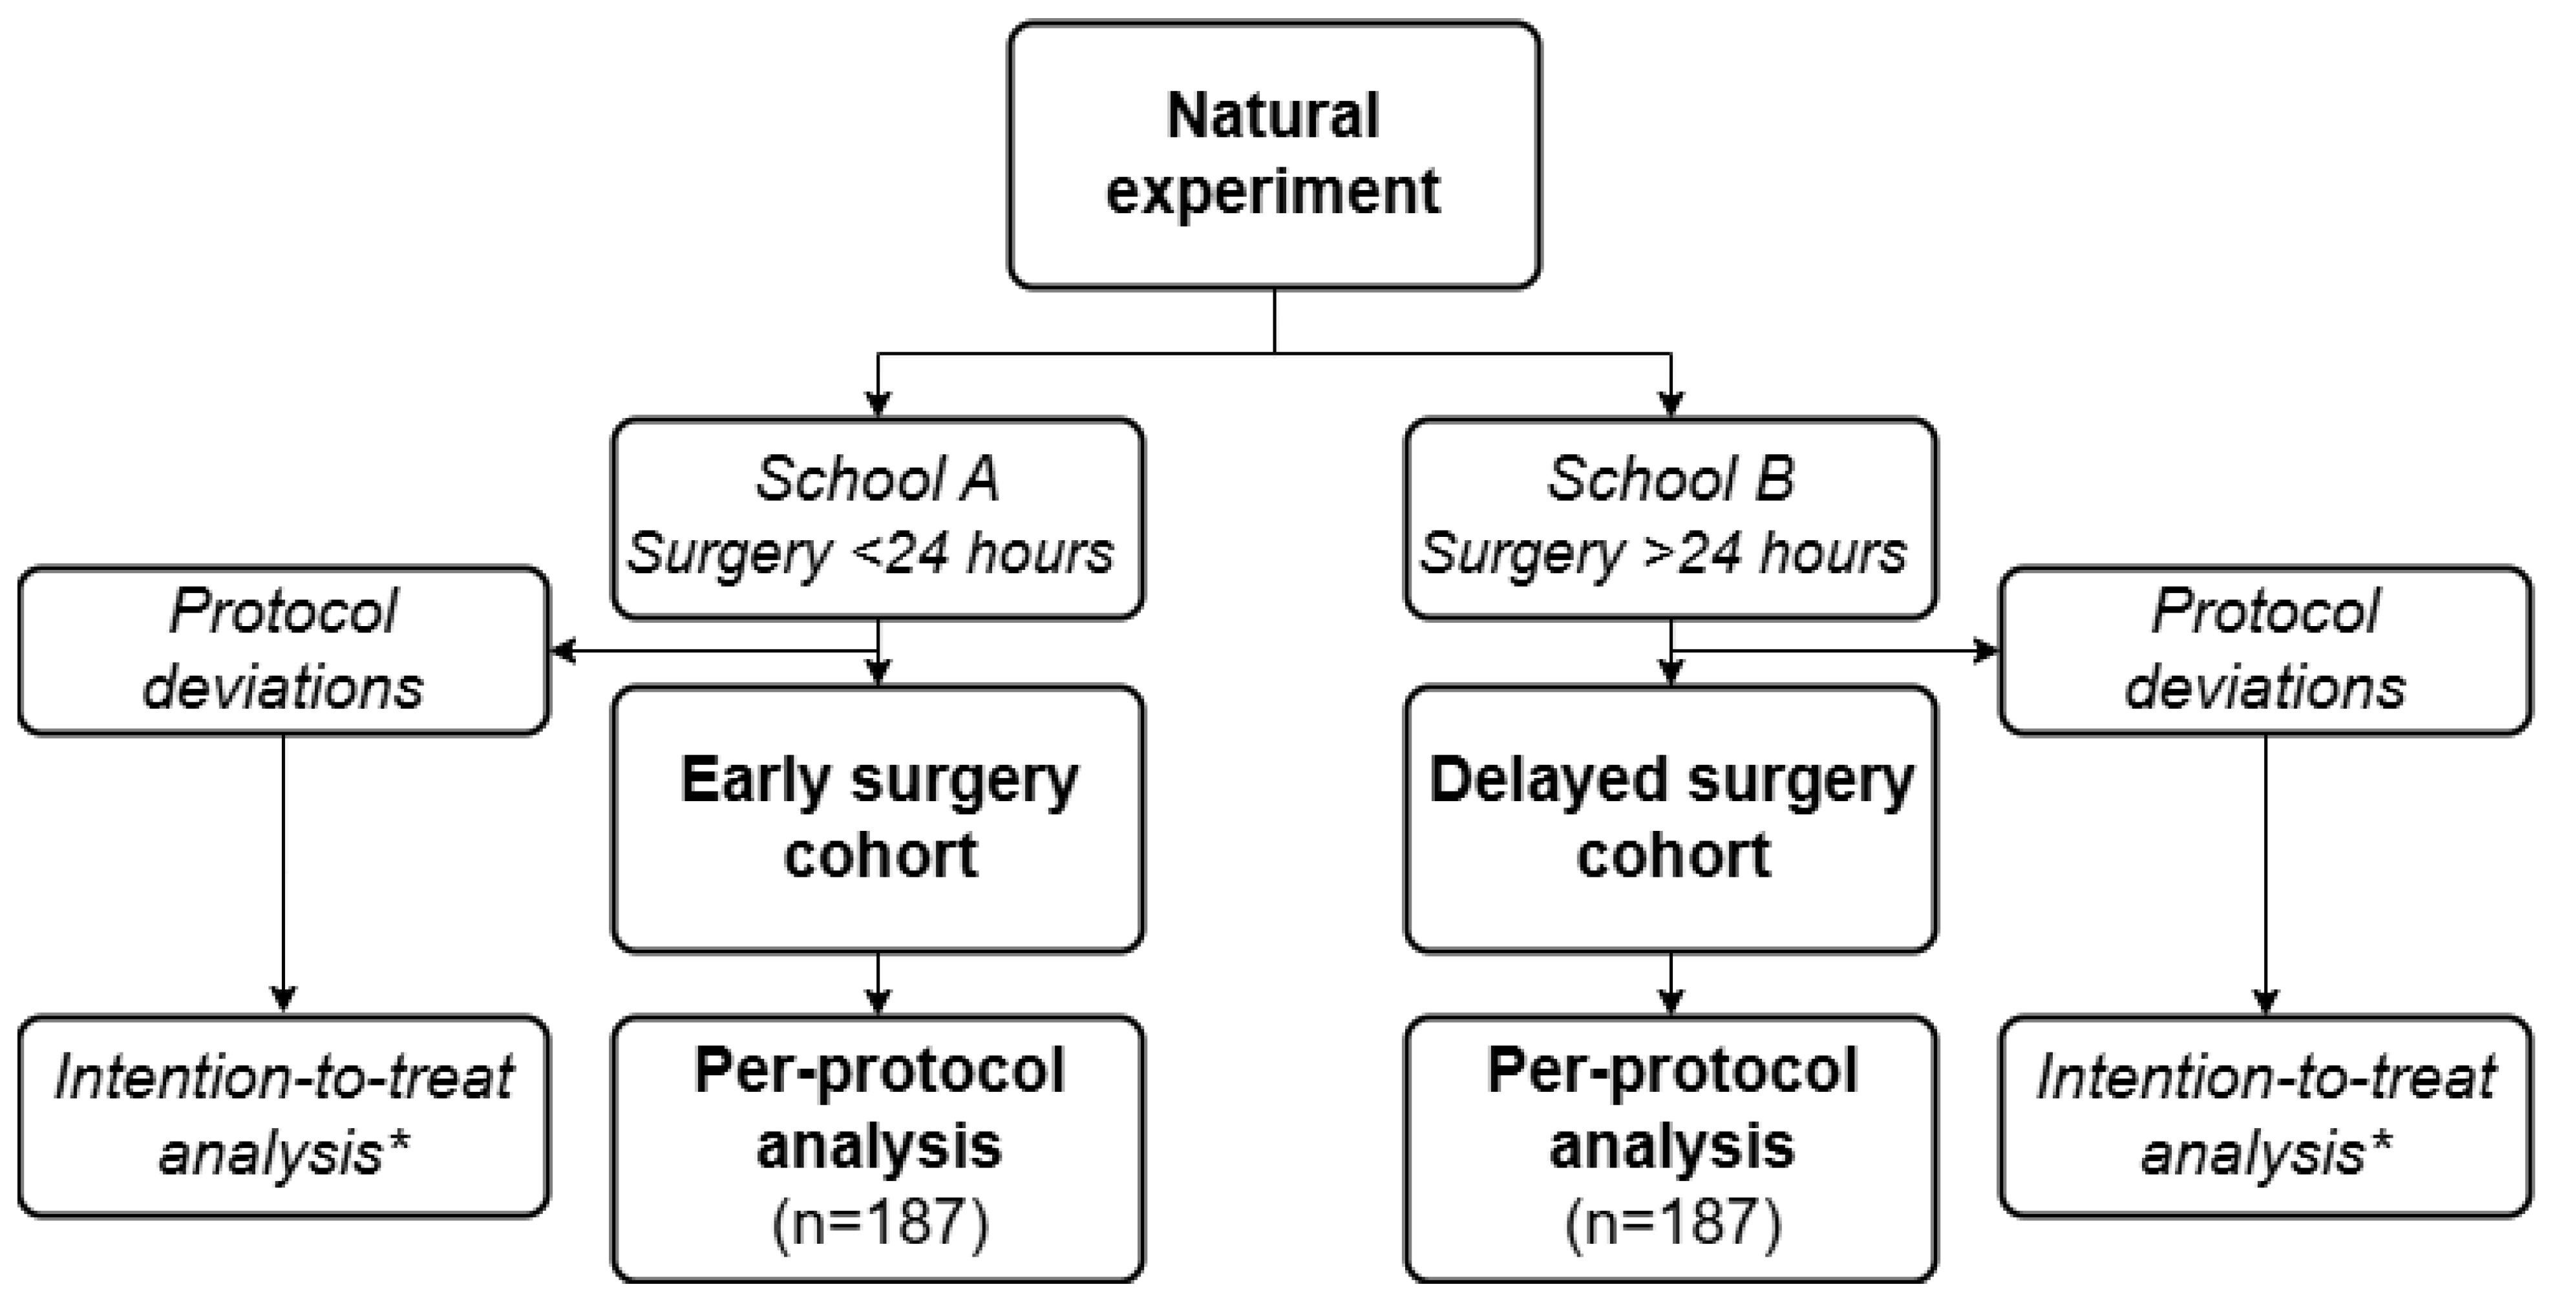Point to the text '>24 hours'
pos(1776,553)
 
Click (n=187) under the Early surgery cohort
pos(880,1222)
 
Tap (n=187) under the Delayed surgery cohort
pos(1673,1222)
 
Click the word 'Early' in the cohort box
pos(755,780)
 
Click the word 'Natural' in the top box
pos(1273,116)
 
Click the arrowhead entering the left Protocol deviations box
pos(562,651)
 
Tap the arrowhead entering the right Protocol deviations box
pos(1987,651)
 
